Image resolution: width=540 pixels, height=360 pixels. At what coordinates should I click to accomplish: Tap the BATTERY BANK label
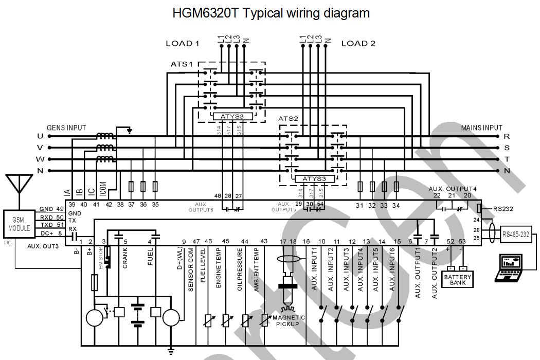click(457, 280)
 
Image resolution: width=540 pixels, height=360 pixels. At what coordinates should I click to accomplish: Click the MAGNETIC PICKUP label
click(291, 320)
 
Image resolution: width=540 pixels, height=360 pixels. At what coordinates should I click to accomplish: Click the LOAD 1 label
click(182, 44)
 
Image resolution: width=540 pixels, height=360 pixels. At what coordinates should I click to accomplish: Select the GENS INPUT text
click(66, 128)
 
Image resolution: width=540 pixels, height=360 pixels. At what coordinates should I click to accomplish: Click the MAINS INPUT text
click(481, 128)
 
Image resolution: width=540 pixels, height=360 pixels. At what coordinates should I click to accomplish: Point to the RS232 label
click(503, 209)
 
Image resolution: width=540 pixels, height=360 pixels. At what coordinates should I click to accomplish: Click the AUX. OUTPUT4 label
click(453, 189)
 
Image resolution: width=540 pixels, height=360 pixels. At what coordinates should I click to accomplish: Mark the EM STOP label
click(101, 260)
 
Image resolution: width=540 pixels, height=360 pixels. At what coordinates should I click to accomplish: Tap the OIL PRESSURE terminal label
click(240, 271)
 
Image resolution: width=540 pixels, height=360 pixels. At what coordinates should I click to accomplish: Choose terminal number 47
click(196, 241)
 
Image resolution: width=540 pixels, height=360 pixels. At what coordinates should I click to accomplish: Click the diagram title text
click(271, 13)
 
